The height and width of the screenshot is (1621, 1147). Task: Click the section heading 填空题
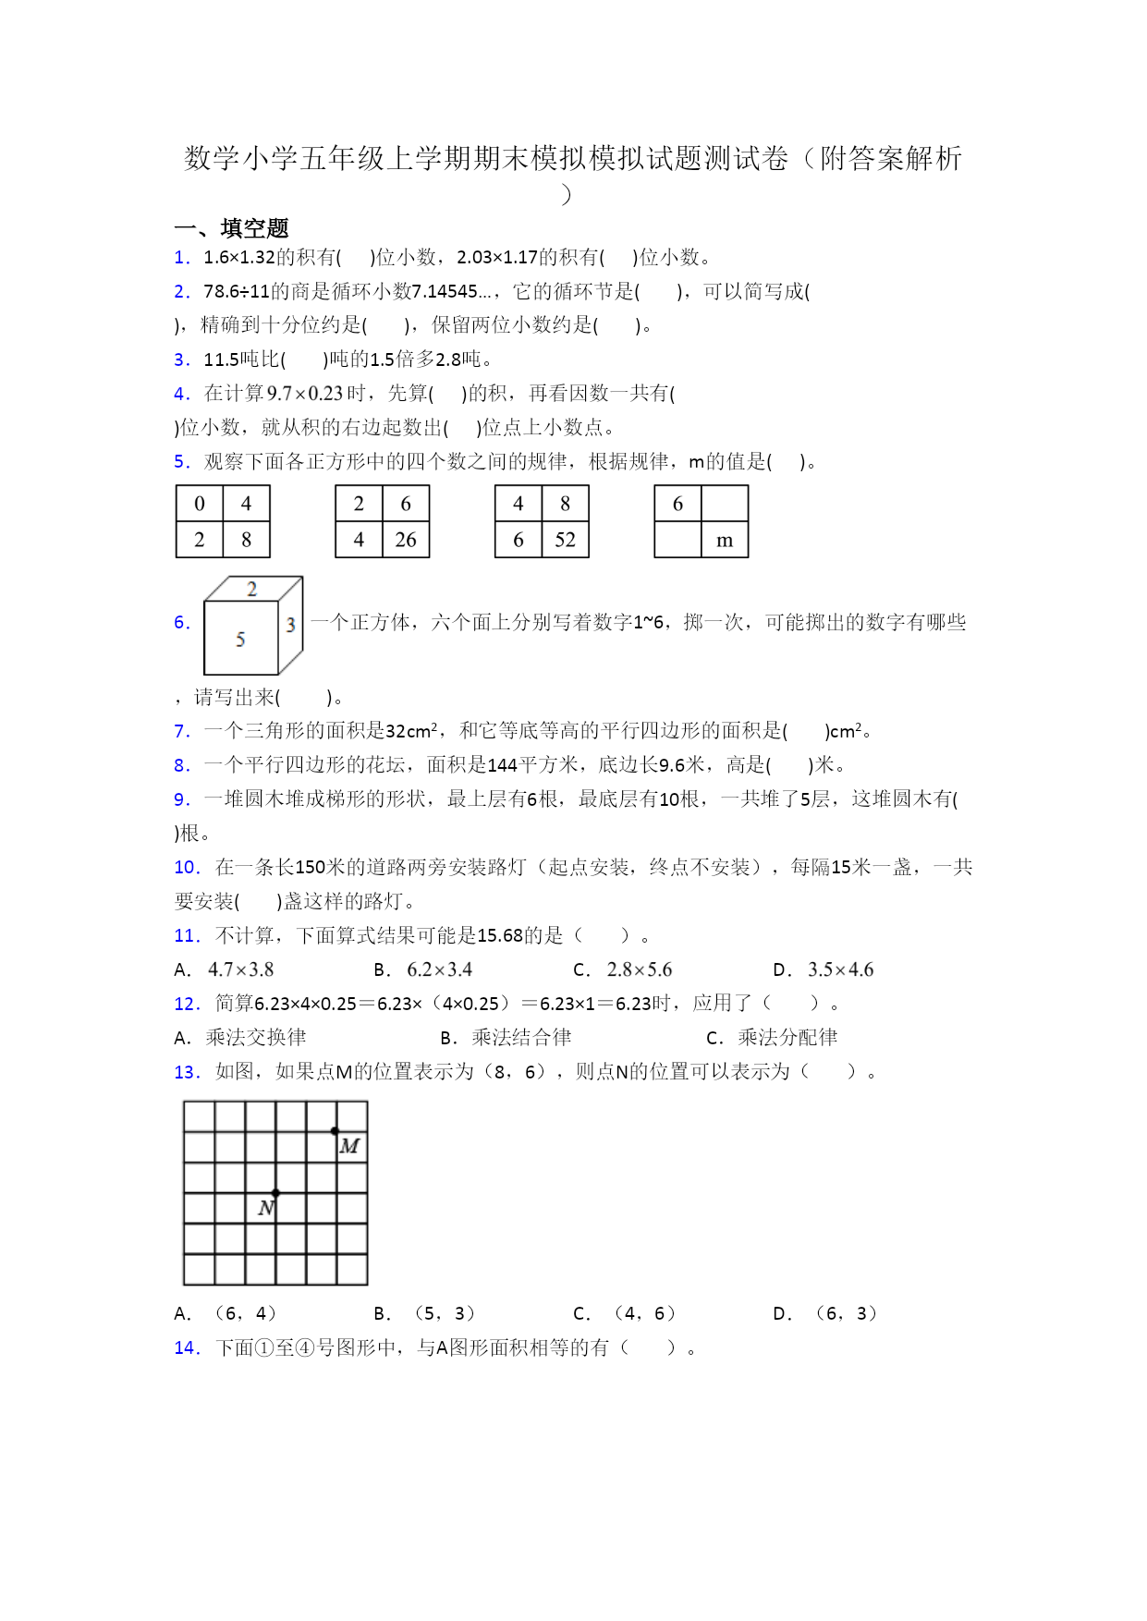(x=254, y=228)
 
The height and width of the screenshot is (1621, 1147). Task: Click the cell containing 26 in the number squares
(x=406, y=540)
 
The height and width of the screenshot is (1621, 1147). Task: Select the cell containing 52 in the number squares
(x=565, y=540)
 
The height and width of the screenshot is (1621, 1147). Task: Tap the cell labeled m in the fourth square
(x=725, y=540)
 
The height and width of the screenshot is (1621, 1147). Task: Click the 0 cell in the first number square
(x=200, y=504)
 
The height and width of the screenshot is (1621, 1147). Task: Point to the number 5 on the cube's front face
(x=240, y=639)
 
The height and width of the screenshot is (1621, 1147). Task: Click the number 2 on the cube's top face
(x=252, y=589)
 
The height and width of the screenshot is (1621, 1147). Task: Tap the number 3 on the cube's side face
(x=290, y=625)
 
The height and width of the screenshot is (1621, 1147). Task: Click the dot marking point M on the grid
(x=335, y=1131)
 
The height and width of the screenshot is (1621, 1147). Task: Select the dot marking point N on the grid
(x=275, y=1193)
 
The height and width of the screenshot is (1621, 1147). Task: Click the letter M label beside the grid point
(x=349, y=1147)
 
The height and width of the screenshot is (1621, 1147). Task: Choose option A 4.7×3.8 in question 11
(x=240, y=969)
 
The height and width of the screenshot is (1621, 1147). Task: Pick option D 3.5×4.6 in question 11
(x=840, y=969)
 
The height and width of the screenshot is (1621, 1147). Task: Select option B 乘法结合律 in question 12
(x=521, y=1038)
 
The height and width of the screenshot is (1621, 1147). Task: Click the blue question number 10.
(x=187, y=867)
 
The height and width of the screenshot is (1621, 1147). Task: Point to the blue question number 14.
(x=187, y=1347)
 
